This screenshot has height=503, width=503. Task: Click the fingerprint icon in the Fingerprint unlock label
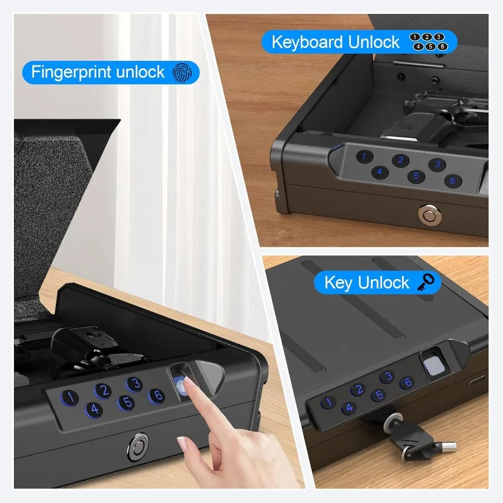[182, 72]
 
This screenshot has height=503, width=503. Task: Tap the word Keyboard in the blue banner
[307, 42]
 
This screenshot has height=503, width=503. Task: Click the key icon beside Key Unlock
[426, 282]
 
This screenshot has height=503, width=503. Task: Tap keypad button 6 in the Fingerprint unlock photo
[156, 396]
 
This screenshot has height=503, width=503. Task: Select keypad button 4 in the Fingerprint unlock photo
[94, 410]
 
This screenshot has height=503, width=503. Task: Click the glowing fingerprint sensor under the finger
[181, 385]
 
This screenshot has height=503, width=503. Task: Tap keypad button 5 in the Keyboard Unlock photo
[416, 176]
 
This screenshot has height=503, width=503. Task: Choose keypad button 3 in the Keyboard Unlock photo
[437, 164]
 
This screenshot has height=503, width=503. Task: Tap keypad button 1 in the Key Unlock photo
[328, 402]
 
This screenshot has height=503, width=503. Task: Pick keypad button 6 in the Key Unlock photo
[407, 382]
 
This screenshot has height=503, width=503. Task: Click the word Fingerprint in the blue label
[72, 72]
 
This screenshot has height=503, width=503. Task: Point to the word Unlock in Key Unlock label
[383, 283]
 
